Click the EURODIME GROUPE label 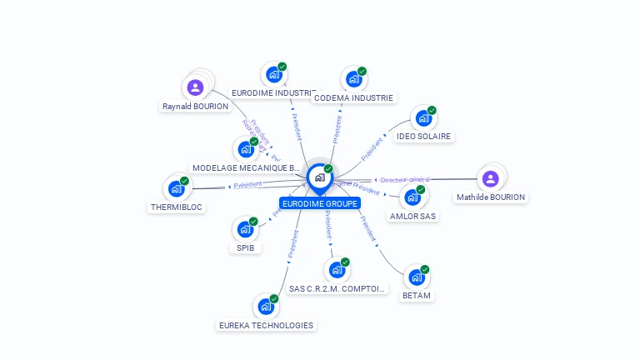(x=320, y=203)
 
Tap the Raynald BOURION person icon (x=195, y=87)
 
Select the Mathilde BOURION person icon (x=490, y=178)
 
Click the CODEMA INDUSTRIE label (x=353, y=97)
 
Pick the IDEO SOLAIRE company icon (x=423, y=118)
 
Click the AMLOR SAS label (x=412, y=216)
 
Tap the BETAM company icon (x=416, y=277)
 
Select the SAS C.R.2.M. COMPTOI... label (x=337, y=288)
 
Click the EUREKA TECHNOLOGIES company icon (x=266, y=307)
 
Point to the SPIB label (x=245, y=247)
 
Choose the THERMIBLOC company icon (x=176, y=188)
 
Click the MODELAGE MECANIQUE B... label (x=246, y=167)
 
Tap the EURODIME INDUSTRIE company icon (x=273, y=74)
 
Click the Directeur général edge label (x=405, y=179)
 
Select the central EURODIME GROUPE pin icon (x=319, y=177)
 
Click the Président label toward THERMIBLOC (x=247, y=184)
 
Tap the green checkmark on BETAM (x=425, y=269)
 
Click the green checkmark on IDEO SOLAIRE (x=432, y=111)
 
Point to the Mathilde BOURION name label (x=491, y=197)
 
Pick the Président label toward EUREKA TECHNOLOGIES (x=292, y=243)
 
